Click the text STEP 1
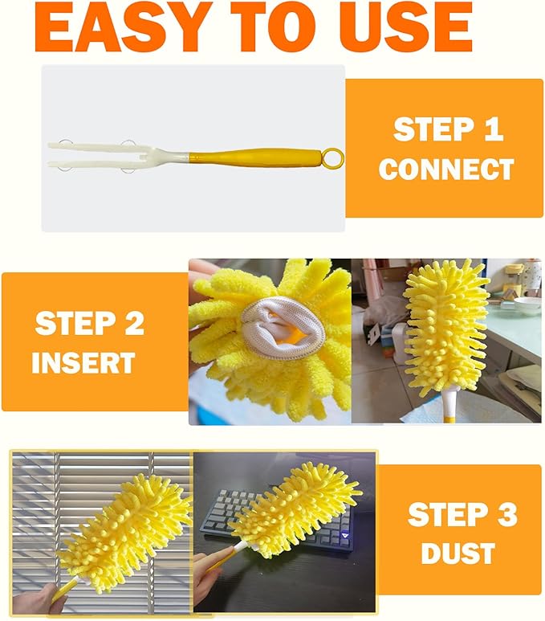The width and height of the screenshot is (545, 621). pyautogui.click(x=448, y=130)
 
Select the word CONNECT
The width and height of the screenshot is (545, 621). pyautogui.click(x=446, y=170)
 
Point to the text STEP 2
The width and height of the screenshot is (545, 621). pyautogui.click(x=90, y=324)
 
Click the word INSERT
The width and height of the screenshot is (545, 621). pyautogui.click(x=83, y=363)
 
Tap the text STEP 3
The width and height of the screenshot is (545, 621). pyautogui.click(x=462, y=515)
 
